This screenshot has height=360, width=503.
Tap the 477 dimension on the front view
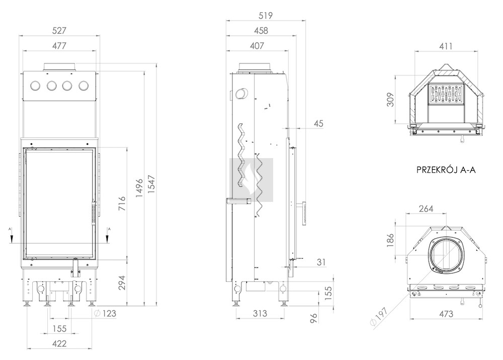(60, 45)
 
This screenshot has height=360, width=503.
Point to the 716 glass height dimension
(121, 202)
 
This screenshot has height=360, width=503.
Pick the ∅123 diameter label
(105, 314)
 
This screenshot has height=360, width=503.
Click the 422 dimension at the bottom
(60, 344)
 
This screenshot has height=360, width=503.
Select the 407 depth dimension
(257, 46)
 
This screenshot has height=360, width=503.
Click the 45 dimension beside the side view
(318, 123)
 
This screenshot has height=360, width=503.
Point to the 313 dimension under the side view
(260, 314)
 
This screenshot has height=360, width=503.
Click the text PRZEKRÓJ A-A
(446, 170)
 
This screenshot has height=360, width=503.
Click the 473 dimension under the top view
(446, 314)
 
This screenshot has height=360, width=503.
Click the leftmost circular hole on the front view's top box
(36, 86)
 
